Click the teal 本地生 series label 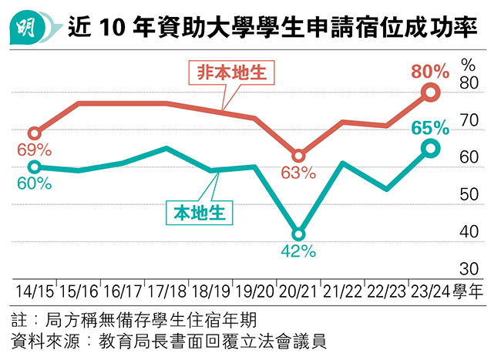pos(200,212)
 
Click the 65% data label pos(430,126)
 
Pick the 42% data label pos(298,251)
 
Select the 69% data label pos(35,149)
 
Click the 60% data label pos(34,183)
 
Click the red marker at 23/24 pos(431,93)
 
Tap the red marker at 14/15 pos(34,133)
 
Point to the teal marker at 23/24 pos(431,149)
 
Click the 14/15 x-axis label pos(34,291)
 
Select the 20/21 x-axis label pos(298,291)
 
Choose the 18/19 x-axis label pos(210,291)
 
